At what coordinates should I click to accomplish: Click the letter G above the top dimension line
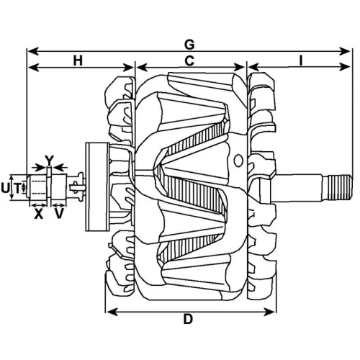189,44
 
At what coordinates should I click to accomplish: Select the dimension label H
77,62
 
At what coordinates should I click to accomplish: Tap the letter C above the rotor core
189,62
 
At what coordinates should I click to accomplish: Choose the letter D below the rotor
188,320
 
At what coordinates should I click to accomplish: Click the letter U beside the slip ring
6,188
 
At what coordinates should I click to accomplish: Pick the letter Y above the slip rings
49,158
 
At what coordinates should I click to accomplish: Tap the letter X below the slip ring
38,214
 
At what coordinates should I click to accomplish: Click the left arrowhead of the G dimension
30,52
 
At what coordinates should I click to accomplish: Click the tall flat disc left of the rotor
91,186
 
